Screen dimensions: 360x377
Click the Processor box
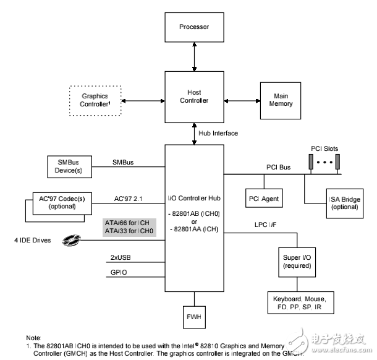pyautogui.click(x=194, y=27)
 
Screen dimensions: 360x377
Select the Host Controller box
pyautogui.click(x=194, y=96)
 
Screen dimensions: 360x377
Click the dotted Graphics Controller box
pyautogui.click(x=95, y=100)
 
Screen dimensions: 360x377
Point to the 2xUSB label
pyautogui.click(x=122, y=256)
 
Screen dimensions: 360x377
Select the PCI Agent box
pyautogui.click(x=264, y=199)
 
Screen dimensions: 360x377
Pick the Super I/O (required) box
pyautogui.click(x=297, y=261)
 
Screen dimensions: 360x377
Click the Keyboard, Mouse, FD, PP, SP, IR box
pyautogui.click(x=298, y=303)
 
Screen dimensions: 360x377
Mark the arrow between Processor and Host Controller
pyautogui.click(x=194, y=57)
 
